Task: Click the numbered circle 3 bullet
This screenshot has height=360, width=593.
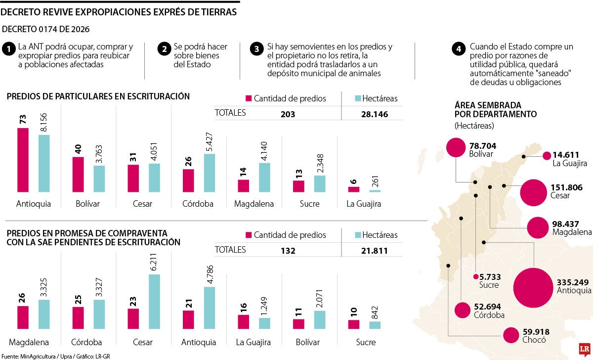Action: click(x=256, y=49)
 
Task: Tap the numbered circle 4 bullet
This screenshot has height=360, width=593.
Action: click(x=459, y=49)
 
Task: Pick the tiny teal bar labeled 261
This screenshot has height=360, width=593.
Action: click(x=375, y=190)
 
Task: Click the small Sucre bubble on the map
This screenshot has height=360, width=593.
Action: click(x=475, y=277)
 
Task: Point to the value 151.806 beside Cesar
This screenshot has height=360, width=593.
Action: click(x=566, y=187)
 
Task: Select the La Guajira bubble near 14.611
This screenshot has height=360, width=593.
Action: click(x=546, y=156)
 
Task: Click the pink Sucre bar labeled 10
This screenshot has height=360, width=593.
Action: click(x=353, y=324)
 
